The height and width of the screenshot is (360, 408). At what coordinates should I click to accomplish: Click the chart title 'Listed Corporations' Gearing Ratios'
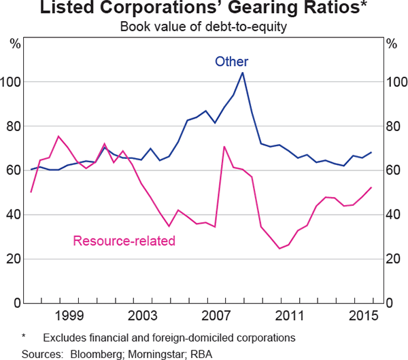coord(204,10)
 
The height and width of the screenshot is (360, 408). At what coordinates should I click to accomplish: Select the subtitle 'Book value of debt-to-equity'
coord(204,27)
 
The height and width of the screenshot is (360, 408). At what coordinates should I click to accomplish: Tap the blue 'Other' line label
coord(232,62)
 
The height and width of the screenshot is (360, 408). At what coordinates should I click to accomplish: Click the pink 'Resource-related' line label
coord(124,240)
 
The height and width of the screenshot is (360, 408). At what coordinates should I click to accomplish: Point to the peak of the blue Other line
coord(243,73)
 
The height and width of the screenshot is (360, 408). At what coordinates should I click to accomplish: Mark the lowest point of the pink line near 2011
coord(279,249)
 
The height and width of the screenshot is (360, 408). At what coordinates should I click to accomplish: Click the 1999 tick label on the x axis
coord(69,316)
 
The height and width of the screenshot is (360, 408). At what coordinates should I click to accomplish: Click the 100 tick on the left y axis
coord(13,82)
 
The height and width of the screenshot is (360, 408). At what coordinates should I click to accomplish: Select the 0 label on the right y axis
coord(390,303)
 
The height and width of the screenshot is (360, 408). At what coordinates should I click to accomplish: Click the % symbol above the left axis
coord(15,44)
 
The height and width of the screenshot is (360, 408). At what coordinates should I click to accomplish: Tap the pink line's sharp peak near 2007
coord(224,146)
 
